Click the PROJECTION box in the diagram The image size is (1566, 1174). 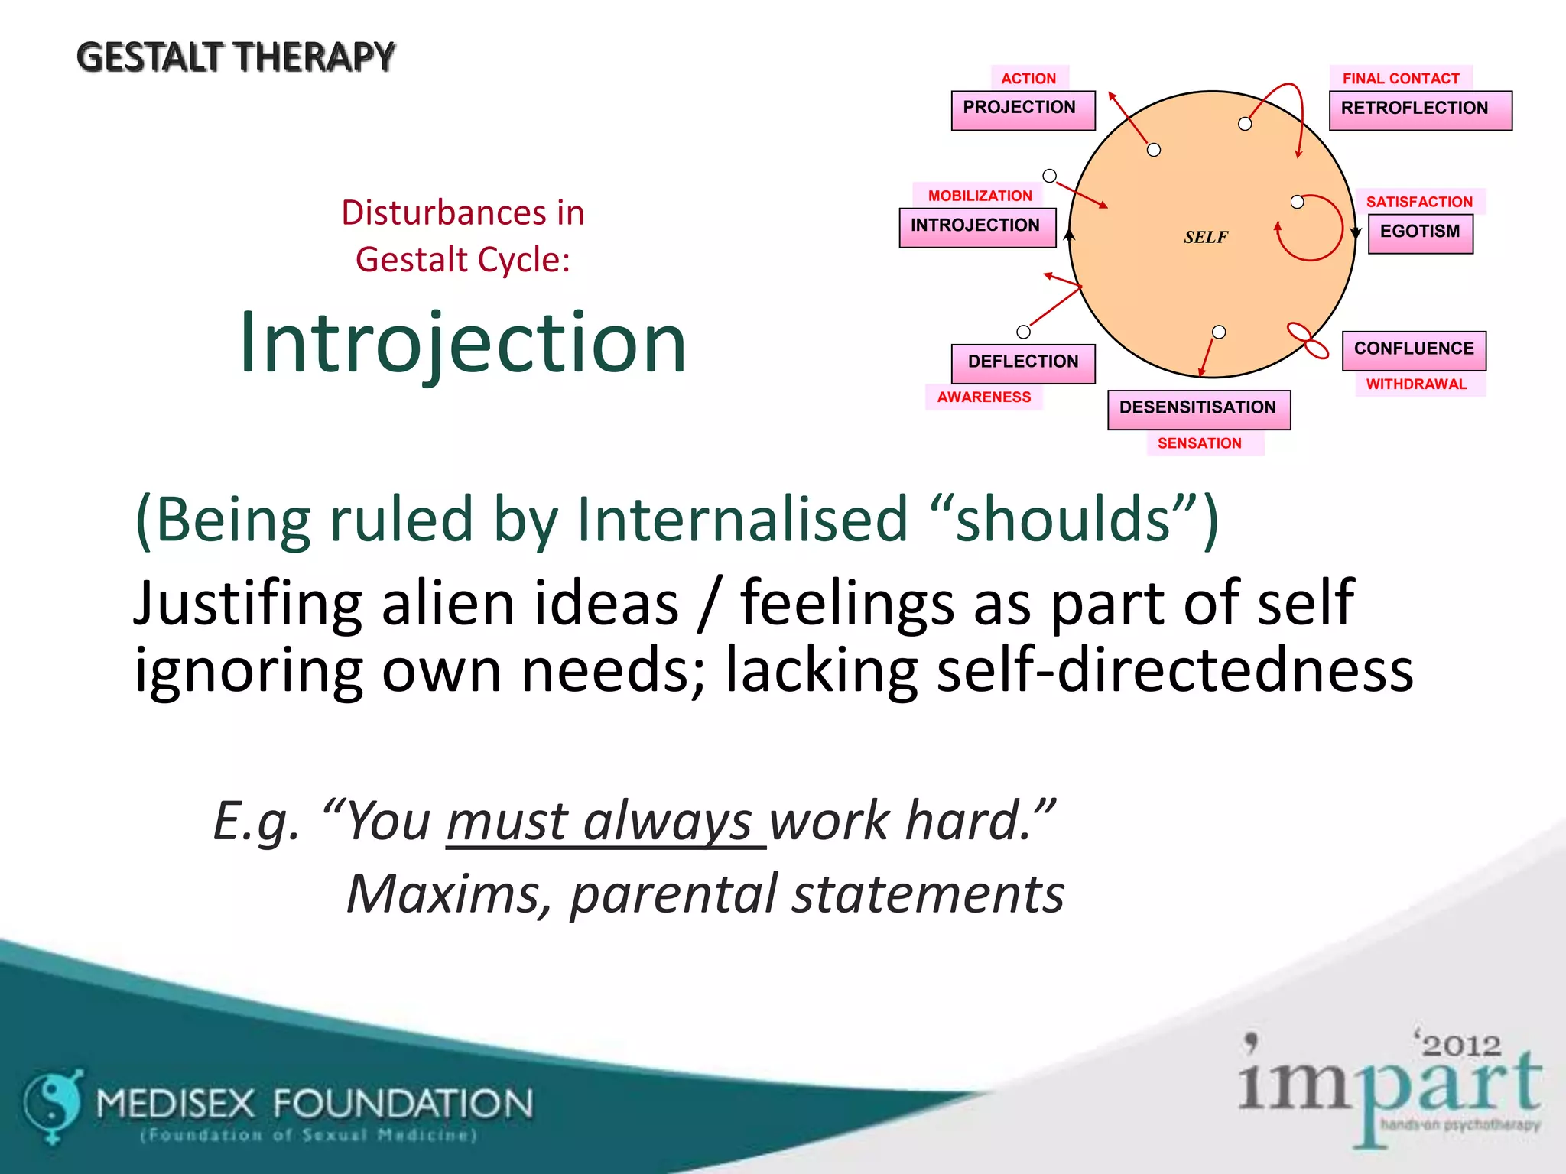1022,110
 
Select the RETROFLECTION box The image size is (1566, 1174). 1420,110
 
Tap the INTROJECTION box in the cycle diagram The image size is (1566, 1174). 976,227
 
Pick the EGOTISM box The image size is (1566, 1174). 1420,233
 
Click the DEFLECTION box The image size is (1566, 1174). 1022,363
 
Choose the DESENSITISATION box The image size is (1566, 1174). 1198,409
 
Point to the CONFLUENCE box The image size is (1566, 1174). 1414,350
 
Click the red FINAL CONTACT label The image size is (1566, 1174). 1401,78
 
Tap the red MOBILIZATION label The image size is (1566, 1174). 980,196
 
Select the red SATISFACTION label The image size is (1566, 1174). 1419,202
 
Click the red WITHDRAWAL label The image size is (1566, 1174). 1416,384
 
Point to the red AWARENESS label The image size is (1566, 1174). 984,397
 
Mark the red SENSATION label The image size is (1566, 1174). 1199,443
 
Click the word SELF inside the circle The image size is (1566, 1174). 1206,237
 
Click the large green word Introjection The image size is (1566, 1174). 463,343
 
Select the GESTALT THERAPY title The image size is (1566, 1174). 236,58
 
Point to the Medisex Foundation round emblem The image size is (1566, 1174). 53,1103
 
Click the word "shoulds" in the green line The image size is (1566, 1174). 1064,520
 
